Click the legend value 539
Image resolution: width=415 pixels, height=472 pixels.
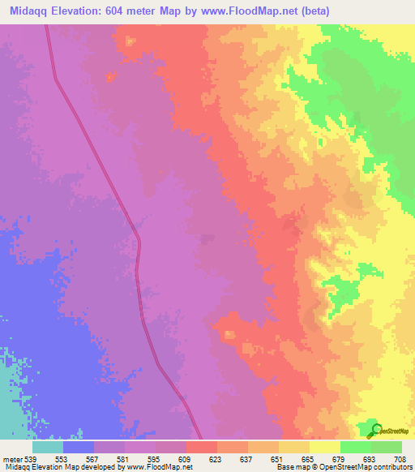(x=29, y=459)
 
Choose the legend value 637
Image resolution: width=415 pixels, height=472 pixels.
(x=247, y=459)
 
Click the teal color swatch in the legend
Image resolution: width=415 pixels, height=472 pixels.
(x=47, y=447)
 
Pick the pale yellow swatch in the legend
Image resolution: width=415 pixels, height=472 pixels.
(x=324, y=447)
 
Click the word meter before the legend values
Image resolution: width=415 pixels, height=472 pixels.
(x=11, y=459)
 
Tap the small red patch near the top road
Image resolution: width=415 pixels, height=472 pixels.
(x=110, y=76)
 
